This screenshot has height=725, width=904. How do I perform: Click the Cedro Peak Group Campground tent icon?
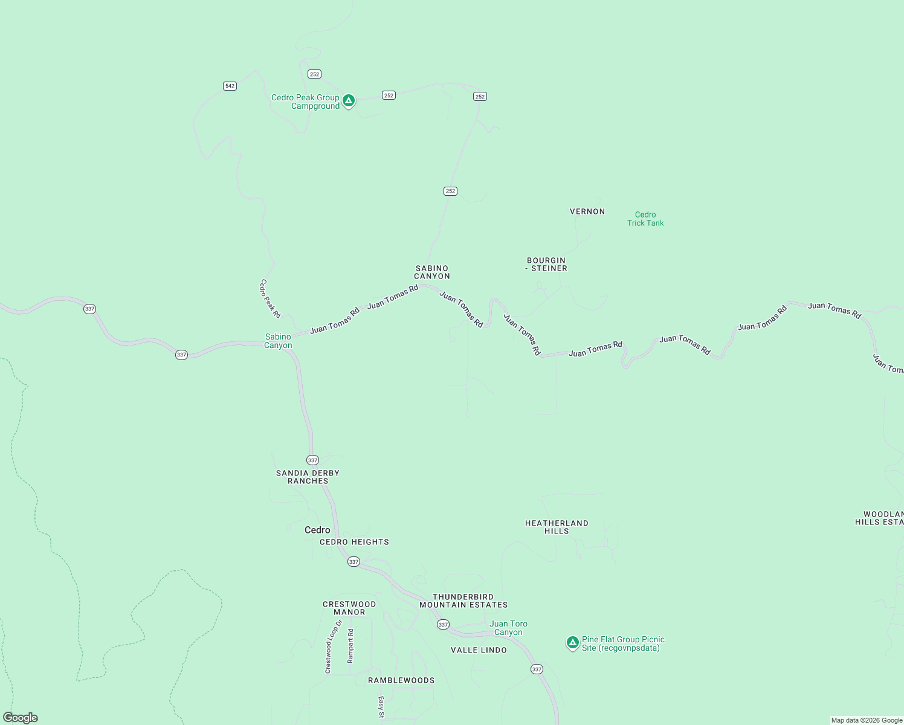pyautogui.click(x=348, y=100)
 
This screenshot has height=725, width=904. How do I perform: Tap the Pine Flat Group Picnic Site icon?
pyautogui.click(x=572, y=642)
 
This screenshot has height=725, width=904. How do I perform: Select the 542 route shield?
pyautogui.click(x=230, y=86)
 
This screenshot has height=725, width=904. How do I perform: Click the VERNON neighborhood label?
pyautogui.click(x=587, y=211)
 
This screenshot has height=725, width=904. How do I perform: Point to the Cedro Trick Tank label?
pyautogui.click(x=645, y=219)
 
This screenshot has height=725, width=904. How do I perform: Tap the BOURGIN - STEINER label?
pyautogui.click(x=546, y=265)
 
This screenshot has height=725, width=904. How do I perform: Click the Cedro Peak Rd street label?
pyautogui.click(x=271, y=298)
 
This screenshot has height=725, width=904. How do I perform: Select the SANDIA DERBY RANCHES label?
pyautogui.click(x=308, y=477)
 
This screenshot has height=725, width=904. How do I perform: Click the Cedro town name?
pyautogui.click(x=317, y=530)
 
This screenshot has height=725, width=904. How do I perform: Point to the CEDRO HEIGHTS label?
pyautogui.click(x=354, y=542)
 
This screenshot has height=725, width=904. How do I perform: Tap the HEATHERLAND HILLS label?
pyautogui.click(x=557, y=527)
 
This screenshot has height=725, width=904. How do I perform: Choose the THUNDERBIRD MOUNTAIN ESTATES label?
pyautogui.click(x=463, y=601)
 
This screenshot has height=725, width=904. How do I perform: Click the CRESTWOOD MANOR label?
pyautogui.click(x=349, y=608)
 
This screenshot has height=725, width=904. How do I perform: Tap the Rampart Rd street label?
pyautogui.click(x=350, y=646)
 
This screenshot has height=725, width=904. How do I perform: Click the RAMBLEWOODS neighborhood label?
pyautogui.click(x=401, y=680)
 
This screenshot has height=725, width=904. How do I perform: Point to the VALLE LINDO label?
pyautogui.click(x=479, y=650)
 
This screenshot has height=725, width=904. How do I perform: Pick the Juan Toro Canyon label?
pyautogui.click(x=508, y=628)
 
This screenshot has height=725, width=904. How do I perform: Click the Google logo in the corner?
pyautogui.click(x=21, y=718)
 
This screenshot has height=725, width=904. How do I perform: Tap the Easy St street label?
pyautogui.click(x=381, y=707)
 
